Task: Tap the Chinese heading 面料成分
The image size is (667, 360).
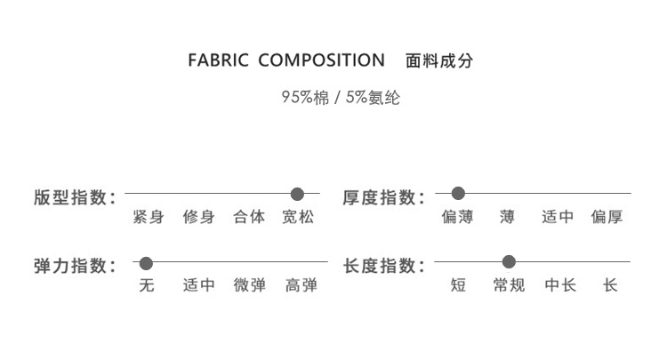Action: (438, 62)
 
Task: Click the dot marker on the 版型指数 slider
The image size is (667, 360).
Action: (297, 194)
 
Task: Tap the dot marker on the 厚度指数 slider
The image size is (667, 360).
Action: (458, 193)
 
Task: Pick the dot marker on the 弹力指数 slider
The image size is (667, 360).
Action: (147, 263)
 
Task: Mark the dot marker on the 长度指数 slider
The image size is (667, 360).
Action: (509, 262)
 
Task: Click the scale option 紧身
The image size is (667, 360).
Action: (148, 217)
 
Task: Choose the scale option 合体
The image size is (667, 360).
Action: (249, 217)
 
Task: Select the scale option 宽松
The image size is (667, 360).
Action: (298, 217)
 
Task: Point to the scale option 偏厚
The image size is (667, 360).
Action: (607, 217)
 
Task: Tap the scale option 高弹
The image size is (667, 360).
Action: (301, 286)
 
